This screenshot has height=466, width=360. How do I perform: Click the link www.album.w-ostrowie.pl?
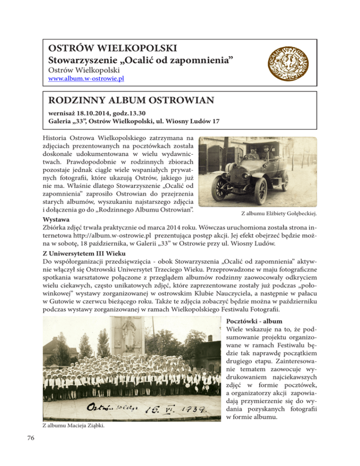coord(87,79)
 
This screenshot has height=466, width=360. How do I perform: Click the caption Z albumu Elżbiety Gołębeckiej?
coord(278,214)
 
